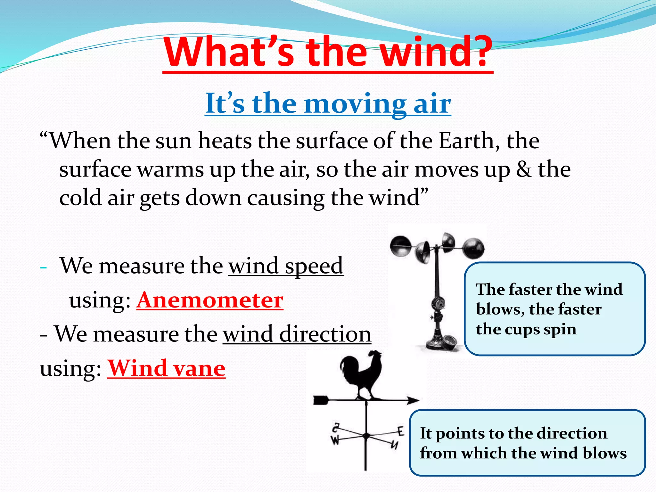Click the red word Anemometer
click(x=210, y=300)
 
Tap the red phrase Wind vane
click(x=166, y=368)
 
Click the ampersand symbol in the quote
click(x=523, y=169)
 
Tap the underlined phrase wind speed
click(x=285, y=266)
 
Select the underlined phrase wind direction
click(x=297, y=334)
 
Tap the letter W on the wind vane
click(x=335, y=441)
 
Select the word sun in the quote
click(x=173, y=141)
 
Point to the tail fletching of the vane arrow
click(x=320, y=400)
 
